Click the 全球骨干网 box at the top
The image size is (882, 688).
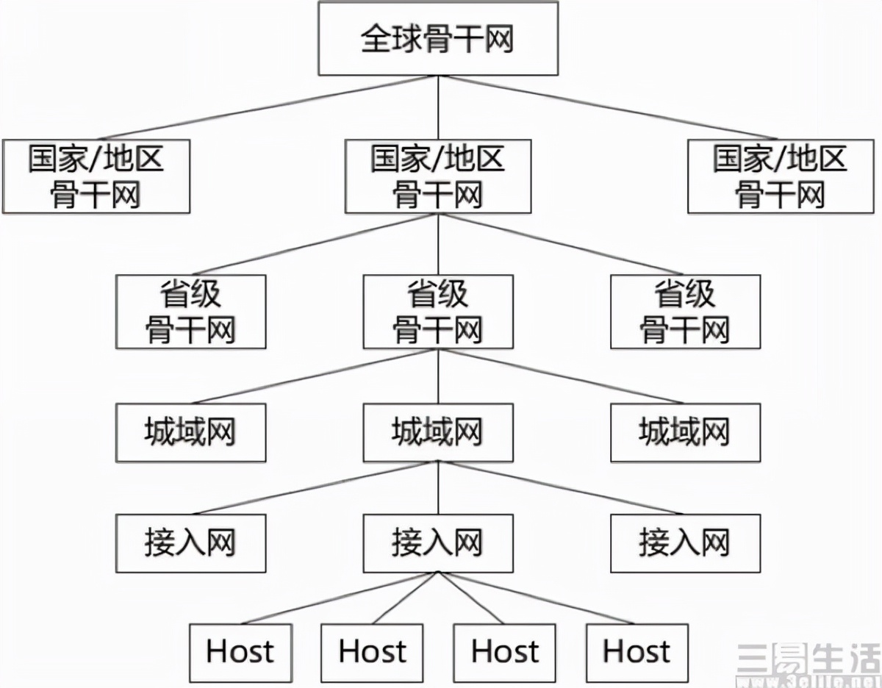438,38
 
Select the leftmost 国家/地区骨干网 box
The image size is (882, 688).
96,176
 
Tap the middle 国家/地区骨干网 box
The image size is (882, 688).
438,176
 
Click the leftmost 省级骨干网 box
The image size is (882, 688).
190,312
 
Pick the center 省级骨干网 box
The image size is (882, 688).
438,312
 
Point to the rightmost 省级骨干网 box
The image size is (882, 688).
685,312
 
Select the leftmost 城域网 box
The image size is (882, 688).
190,432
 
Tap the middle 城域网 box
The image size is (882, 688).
438,432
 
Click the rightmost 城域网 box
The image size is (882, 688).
685,432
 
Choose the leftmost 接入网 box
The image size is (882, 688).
190,543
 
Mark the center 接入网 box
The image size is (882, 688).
438,543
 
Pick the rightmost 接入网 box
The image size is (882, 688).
685,543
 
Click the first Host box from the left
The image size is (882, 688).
240,652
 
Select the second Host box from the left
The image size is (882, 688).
372,652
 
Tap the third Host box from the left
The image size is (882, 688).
504,652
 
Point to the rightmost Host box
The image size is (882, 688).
637,652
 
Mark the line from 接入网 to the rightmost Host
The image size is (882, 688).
537,598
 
